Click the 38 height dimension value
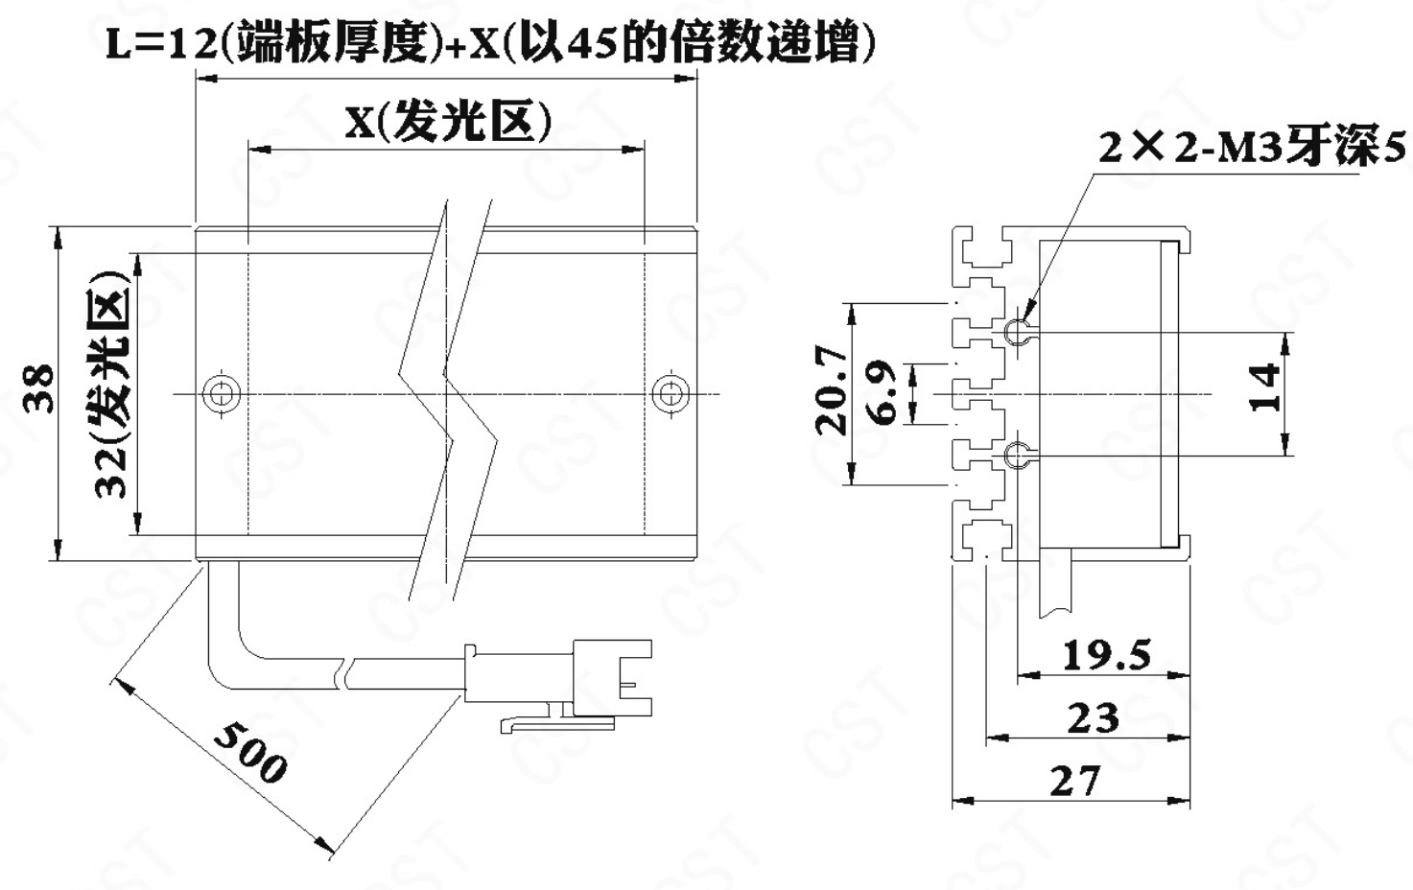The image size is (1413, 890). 38,387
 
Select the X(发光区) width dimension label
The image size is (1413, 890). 448,122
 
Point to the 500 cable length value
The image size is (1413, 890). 250,753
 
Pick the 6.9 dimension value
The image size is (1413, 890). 881,392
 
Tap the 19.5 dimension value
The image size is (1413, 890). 1107,655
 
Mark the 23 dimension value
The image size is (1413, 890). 1094,717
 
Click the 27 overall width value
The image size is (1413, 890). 1075,781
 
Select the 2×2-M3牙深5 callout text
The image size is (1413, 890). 1252,149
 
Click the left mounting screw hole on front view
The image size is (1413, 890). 222,394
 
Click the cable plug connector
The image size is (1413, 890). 558,685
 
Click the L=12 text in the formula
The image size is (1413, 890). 161,44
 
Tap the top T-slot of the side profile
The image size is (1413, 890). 983,249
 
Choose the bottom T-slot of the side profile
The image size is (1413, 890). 983,537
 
